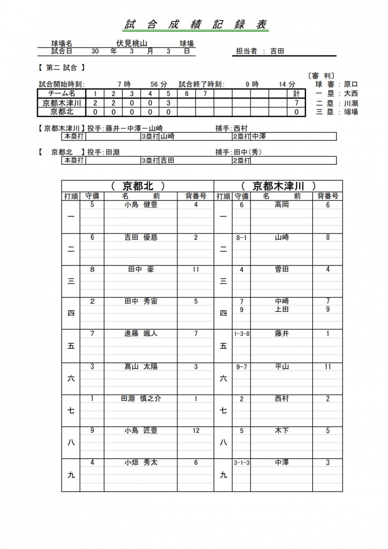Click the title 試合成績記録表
pyautogui.click(x=196, y=25)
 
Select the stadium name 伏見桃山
pyautogui.click(x=127, y=44)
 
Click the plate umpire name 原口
pyautogui.click(x=350, y=84)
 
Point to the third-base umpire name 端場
pyautogui.click(x=350, y=112)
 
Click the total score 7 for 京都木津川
pyautogui.click(x=296, y=103)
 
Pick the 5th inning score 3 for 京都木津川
pyautogui.click(x=168, y=103)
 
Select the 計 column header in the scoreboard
pyautogui.click(x=296, y=94)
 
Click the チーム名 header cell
pyautogui.click(x=62, y=94)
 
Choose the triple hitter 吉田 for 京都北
pyautogui.click(x=167, y=160)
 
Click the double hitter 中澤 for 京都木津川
pyautogui.click(x=259, y=136)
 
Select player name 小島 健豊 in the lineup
pyautogui.click(x=141, y=205)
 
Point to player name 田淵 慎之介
pyautogui.click(x=141, y=399)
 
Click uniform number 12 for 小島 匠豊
pyautogui.click(x=196, y=431)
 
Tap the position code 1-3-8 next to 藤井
pyautogui.click(x=242, y=334)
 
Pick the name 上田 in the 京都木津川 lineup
pyautogui.click(x=282, y=309)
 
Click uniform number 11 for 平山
pyautogui.click(x=328, y=366)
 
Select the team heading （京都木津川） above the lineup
pyautogui.click(x=278, y=186)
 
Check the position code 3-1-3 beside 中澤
pyautogui.click(x=242, y=463)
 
